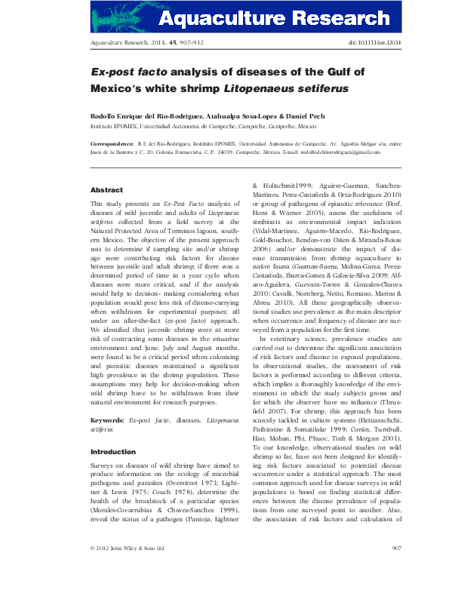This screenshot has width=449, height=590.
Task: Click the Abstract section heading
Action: point(106,190)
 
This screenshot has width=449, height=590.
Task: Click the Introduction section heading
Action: point(112,452)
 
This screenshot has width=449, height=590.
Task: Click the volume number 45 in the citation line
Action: point(178,44)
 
